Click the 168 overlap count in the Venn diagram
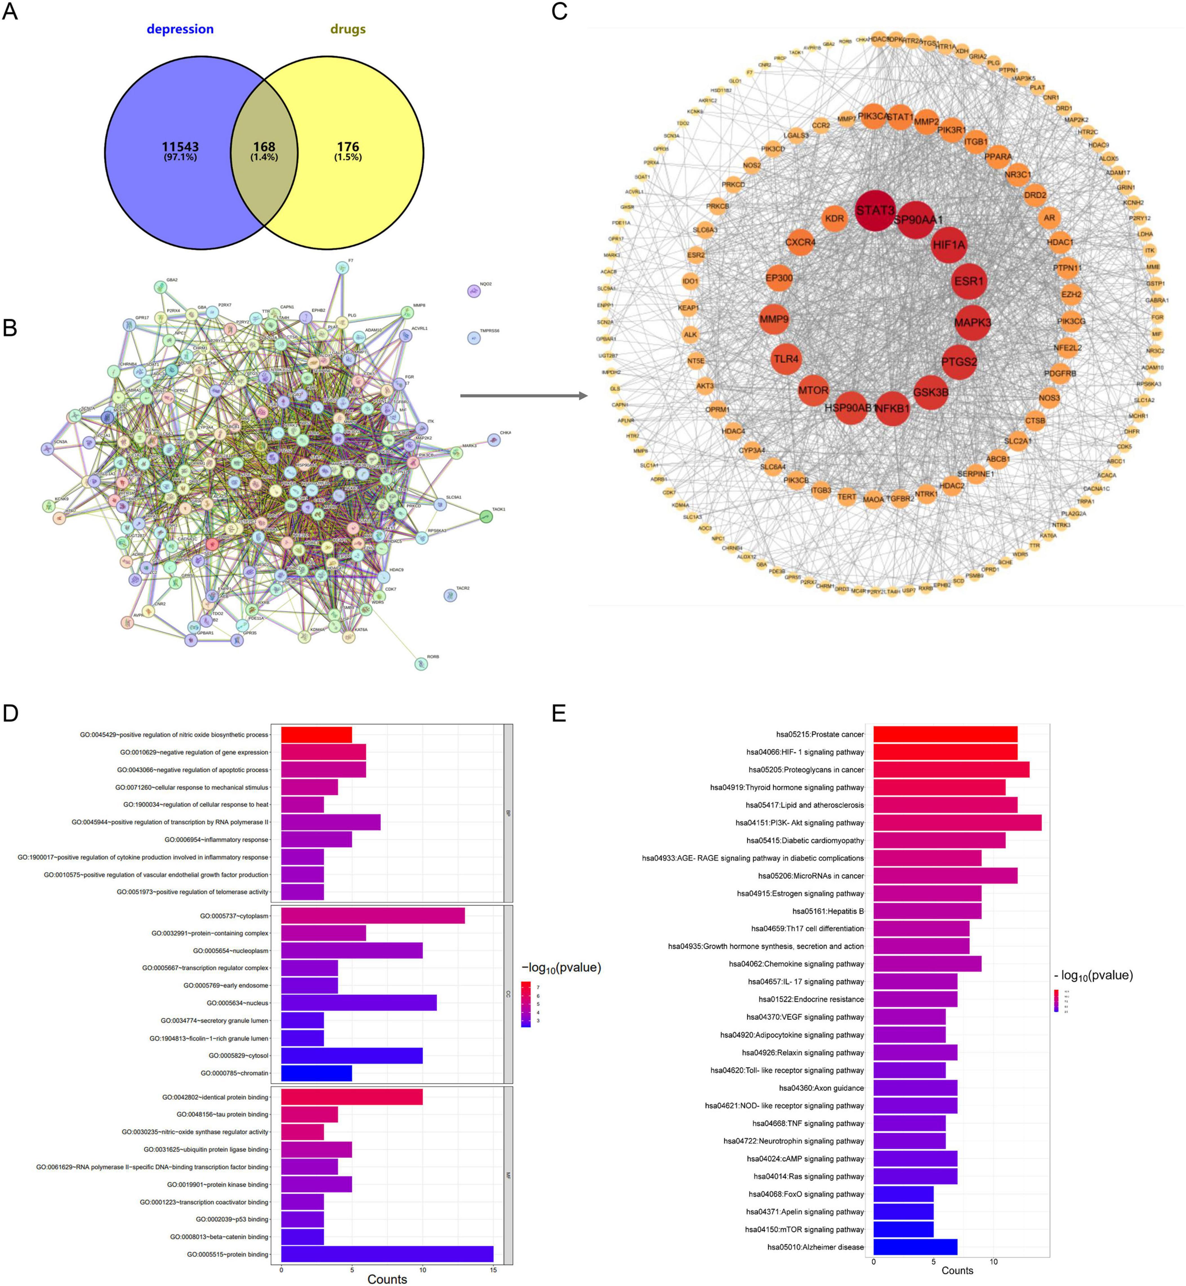[264, 147]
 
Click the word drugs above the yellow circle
[348, 29]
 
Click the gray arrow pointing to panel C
[523, 396]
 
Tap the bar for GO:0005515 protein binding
[387, 1254]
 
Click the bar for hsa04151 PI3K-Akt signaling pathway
[957, 823]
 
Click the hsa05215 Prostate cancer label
[820, 734]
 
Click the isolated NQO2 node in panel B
[474, 291]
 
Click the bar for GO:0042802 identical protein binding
[352, 1097]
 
